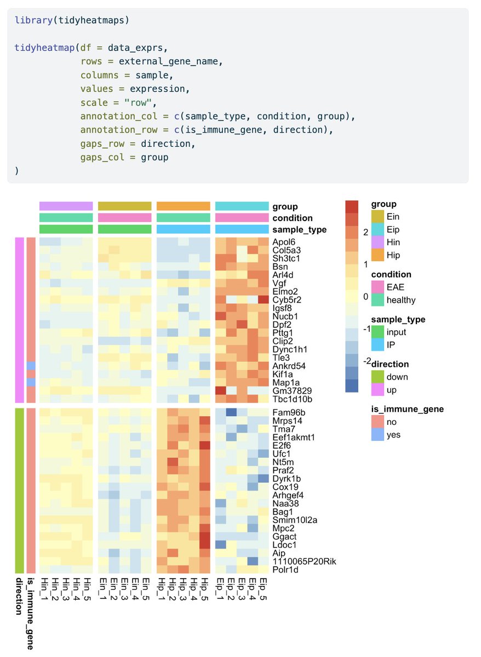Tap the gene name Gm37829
pyautogui.click(x=290, y=390)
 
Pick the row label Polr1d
pyautogui.click(x=284, y=569)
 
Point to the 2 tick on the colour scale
pyautogui.click(x=364, y=232)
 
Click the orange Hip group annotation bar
pyautogui.click(x=184, y=206)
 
